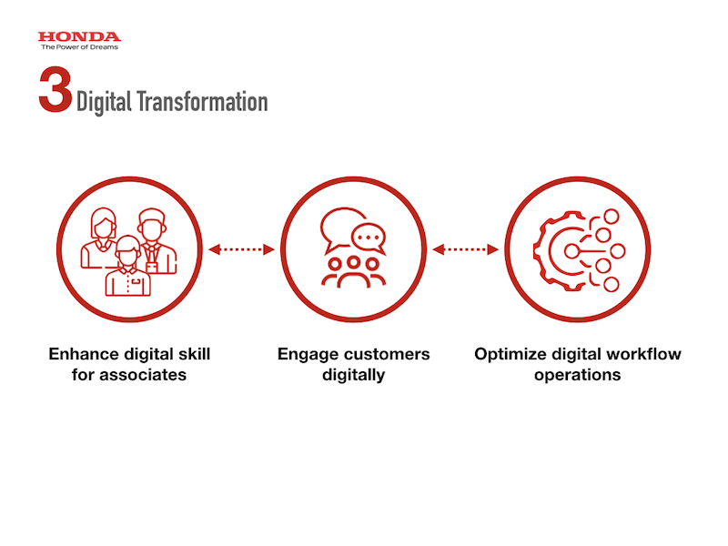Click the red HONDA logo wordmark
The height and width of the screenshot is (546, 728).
pos(79,36)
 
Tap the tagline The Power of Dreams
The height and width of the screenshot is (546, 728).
pos(79,47)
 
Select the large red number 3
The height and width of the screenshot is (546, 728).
pos(56,89)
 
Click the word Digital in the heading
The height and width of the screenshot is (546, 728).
pos(104,102)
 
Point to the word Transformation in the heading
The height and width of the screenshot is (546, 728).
pos(202,102)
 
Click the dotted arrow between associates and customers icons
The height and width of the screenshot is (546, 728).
pos(241,249)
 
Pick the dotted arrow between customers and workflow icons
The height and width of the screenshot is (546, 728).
pos(465,249)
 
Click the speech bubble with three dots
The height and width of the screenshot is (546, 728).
pos(369,238)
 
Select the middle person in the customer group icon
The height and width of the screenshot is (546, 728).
pos(354,272)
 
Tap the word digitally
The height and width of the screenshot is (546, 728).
pos(354,376)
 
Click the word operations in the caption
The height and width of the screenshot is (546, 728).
pos(578,376)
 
